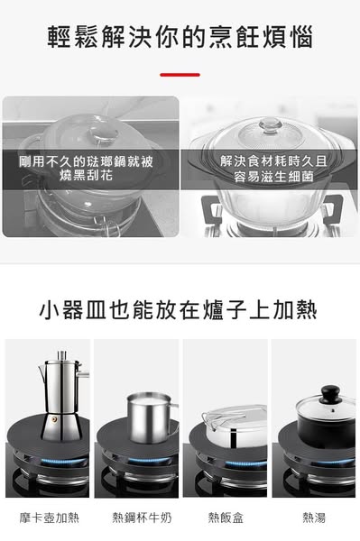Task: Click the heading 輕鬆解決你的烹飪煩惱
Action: pos(180,38)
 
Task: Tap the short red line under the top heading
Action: pos(180,75)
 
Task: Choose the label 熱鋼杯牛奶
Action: pos(141,518)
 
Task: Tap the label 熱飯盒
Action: pos(226,518)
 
